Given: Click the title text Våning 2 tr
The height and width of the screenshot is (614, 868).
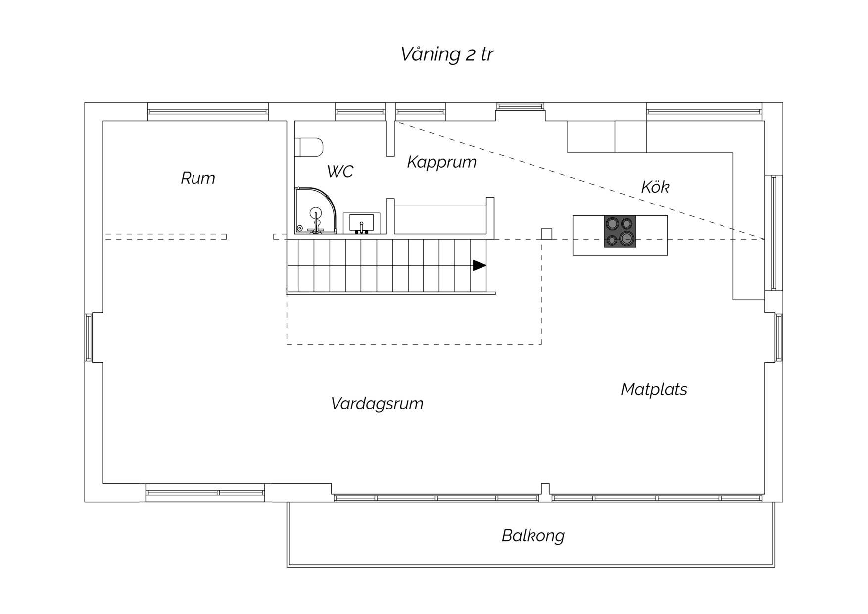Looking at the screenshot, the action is click(446, 54).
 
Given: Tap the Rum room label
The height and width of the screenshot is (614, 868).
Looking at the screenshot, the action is click(198, 178).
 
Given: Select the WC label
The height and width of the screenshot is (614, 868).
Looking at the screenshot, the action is click(340, 171).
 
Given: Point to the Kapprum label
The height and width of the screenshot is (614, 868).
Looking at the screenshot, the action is click(441, 162).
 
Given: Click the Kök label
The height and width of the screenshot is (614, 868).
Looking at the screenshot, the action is click(655, 187).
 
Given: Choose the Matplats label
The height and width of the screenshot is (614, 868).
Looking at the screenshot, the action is click(654, 389).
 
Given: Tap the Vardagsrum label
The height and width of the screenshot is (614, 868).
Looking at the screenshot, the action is click(377, 404).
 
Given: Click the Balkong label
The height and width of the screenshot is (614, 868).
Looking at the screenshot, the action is click(533, 536).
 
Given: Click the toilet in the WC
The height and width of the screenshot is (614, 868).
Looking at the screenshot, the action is click(309, 147).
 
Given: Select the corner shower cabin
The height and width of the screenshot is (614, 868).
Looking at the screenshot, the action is click(315, 210).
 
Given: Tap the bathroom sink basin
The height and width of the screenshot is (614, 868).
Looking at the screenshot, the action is click(362, 223).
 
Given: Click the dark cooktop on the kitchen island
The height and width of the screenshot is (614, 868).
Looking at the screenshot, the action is click(620, 231).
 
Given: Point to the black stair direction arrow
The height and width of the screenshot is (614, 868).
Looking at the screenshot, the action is click(480, 265).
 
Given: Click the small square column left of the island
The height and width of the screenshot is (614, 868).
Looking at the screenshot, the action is click(546, 234).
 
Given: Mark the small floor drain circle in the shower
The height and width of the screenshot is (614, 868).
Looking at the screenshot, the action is click(299, 228).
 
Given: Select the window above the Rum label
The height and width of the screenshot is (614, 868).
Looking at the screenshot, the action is click(208, 112).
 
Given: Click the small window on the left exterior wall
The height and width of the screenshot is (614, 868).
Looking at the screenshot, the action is click(89, 338).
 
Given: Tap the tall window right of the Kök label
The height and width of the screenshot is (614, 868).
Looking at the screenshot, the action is click(773, 233).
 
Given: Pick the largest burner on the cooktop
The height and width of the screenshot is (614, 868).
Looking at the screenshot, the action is click(627, 239).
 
